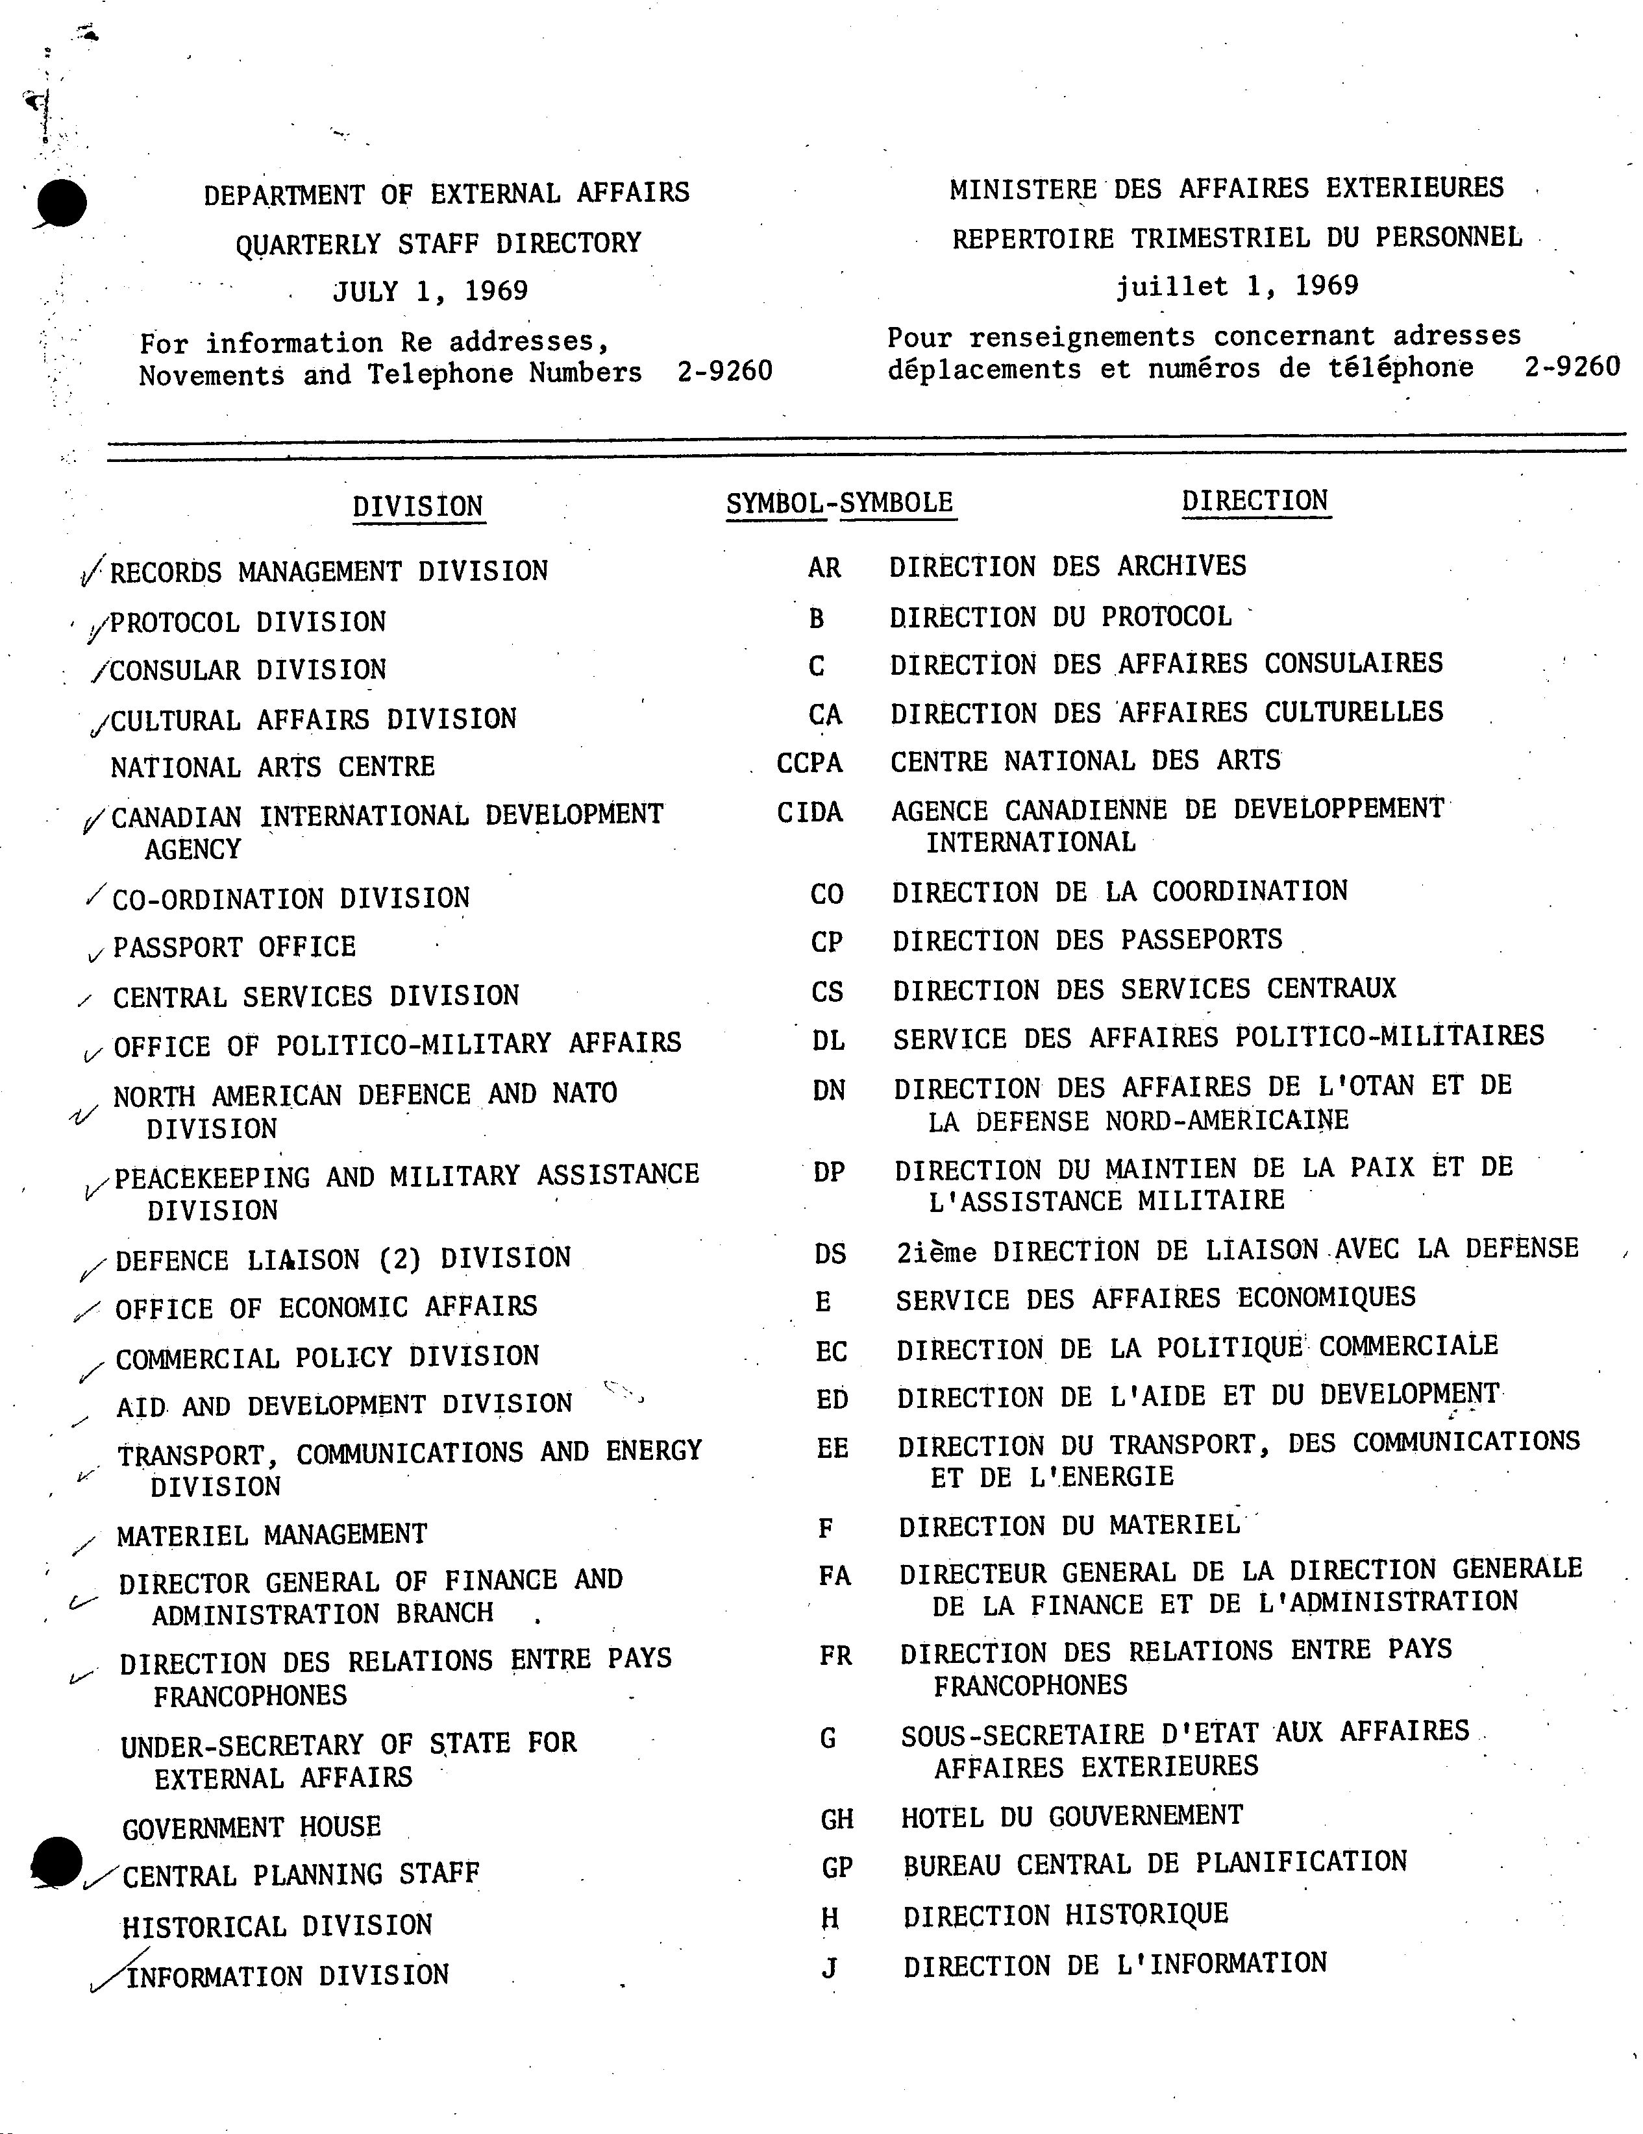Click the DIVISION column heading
pyautogui.click(x=417, y=506)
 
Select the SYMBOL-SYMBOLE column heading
pyautogui.click(x=839, y=502)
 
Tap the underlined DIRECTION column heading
pyautogui.click(x=1254, y=500)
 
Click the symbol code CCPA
pyautogui.click(x=809, y=762)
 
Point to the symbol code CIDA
pyautogui.click(x=809, y=812)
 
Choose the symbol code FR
pyautogui.click(x=835, y=1655)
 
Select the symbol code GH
pyautogui.click(x=837, y=1819)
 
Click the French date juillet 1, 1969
pyautogui.click(x=1237, y=285)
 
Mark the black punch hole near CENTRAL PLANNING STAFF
pyautogui.click(x=56, y=1861)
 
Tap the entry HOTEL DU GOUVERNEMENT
pyautogui.click(x=1071, y=1815)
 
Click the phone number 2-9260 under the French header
pyautogui.click(x=1571, y=367)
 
